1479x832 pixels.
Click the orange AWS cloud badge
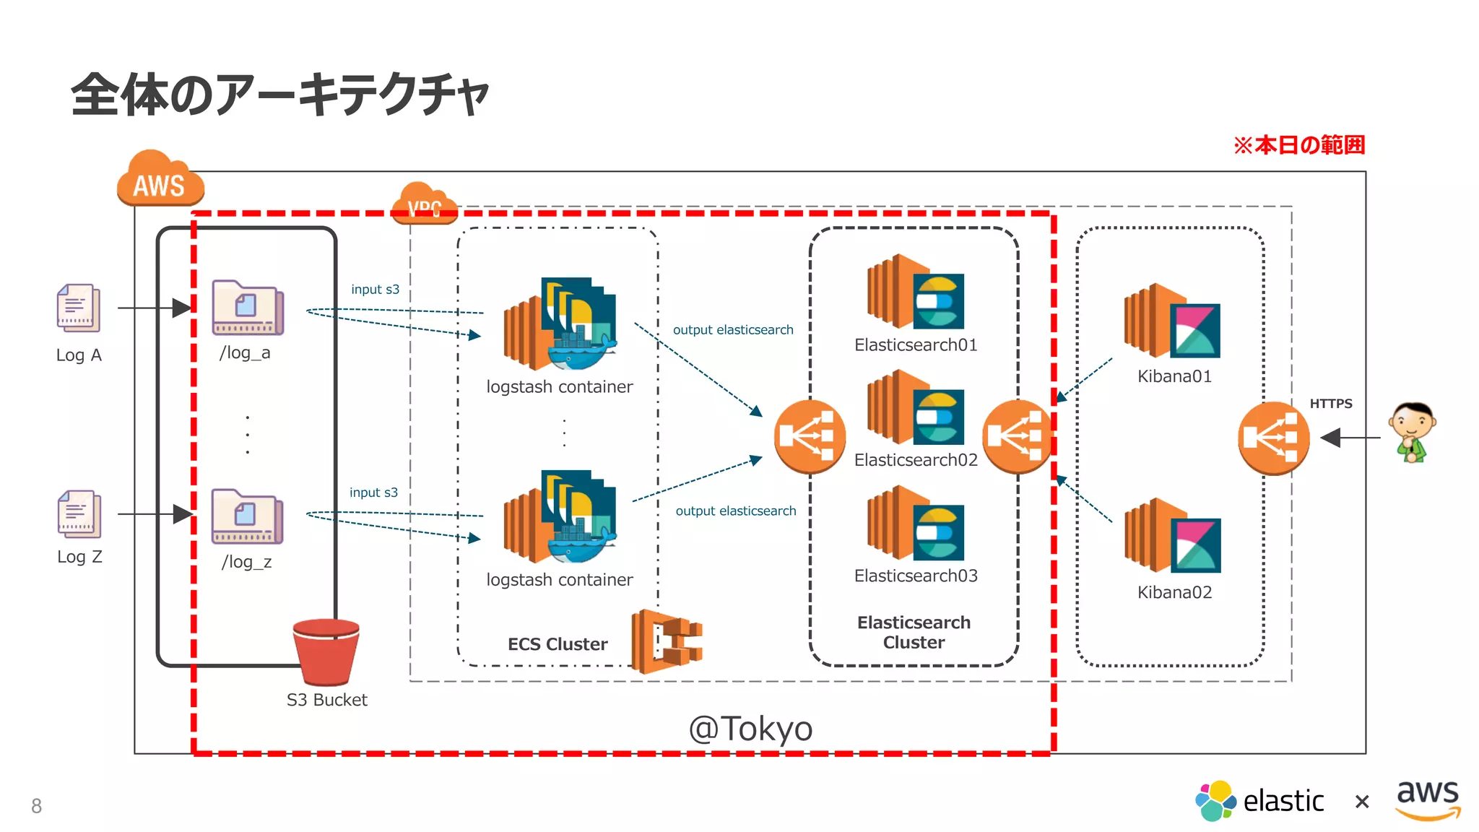(160, 181)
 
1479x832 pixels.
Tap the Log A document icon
(79, 308)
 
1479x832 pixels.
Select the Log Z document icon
(79, 514)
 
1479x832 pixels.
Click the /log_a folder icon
(248, 308)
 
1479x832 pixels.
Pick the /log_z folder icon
(247, 516)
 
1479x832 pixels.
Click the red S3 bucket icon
(326, 651)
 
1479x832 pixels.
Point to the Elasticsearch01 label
(915, 345)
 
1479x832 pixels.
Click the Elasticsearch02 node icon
(915, 408)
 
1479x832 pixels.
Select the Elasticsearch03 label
(915, 576)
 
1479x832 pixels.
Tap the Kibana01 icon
(1172, 321)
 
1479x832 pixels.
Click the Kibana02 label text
(1174, 592)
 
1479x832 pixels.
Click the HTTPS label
(1330, 404)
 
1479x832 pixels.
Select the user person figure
(1412, 432)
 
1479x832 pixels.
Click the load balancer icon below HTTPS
(1273, 438)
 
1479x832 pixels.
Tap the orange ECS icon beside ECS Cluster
(666, 641)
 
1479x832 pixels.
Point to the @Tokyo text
(750, 729)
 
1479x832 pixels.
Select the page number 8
(36, 806)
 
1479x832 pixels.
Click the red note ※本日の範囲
(1298, 145)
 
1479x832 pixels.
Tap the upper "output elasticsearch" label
(732, 330)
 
